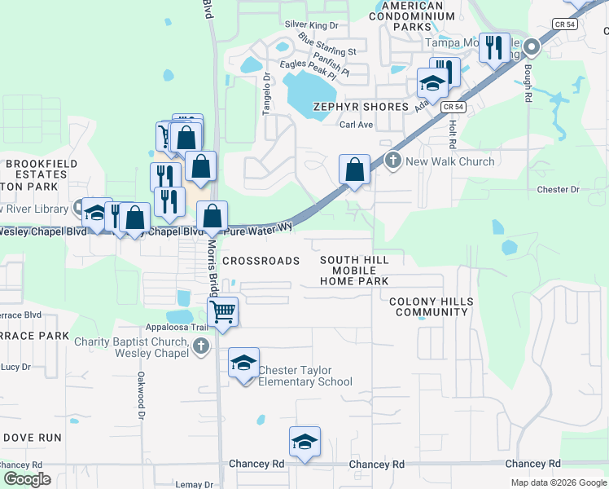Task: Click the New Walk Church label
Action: pyautogui.click(x=449, y=161)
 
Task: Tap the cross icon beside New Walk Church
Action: pyautogui.click(x=393, y=160)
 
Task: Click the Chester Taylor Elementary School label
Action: pyautogui.click(x=304, y=376)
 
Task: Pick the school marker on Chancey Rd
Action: pyautogui.click(x=304, y=442)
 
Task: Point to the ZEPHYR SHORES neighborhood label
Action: pyautogui.click(x=361, y=107)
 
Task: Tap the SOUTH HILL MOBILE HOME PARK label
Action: pyautogui.click(x=353, y=270)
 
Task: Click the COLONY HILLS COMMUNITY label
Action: pyautogui.click(x=431, y=306)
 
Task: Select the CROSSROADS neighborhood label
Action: pyautogui.click(x=261, y=261)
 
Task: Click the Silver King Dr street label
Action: pyautogui.click(x=311, y=26)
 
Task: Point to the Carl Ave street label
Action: pyautogui.click(x=356, y=125)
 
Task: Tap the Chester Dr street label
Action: pyautogui.click(x=558, y=190)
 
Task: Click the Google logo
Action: pyautogui.click(x=26, y=479)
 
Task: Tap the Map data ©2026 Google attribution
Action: pyautogui.click(x=558, y=482)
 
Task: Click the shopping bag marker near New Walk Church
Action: pyautogui.click(x=354, y=170)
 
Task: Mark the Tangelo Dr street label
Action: pyautogui.click(x=265, y=95)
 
